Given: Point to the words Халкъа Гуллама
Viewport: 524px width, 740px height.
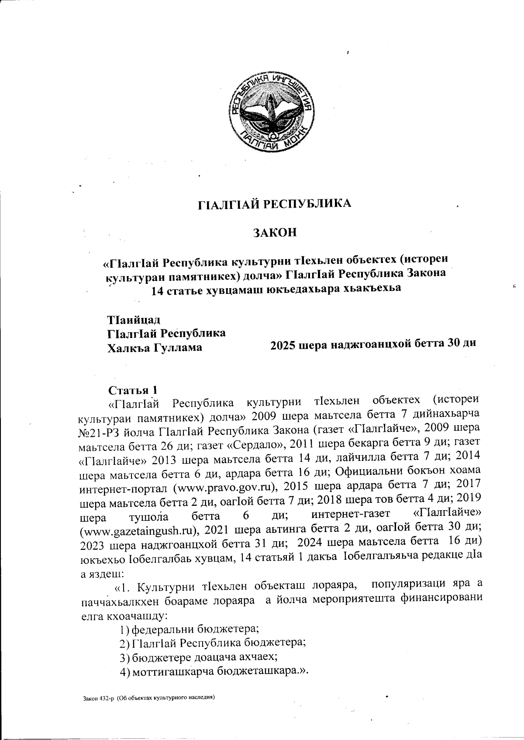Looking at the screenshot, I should click(155, 348).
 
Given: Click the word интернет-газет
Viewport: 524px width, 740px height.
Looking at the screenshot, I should click(346, 516).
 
